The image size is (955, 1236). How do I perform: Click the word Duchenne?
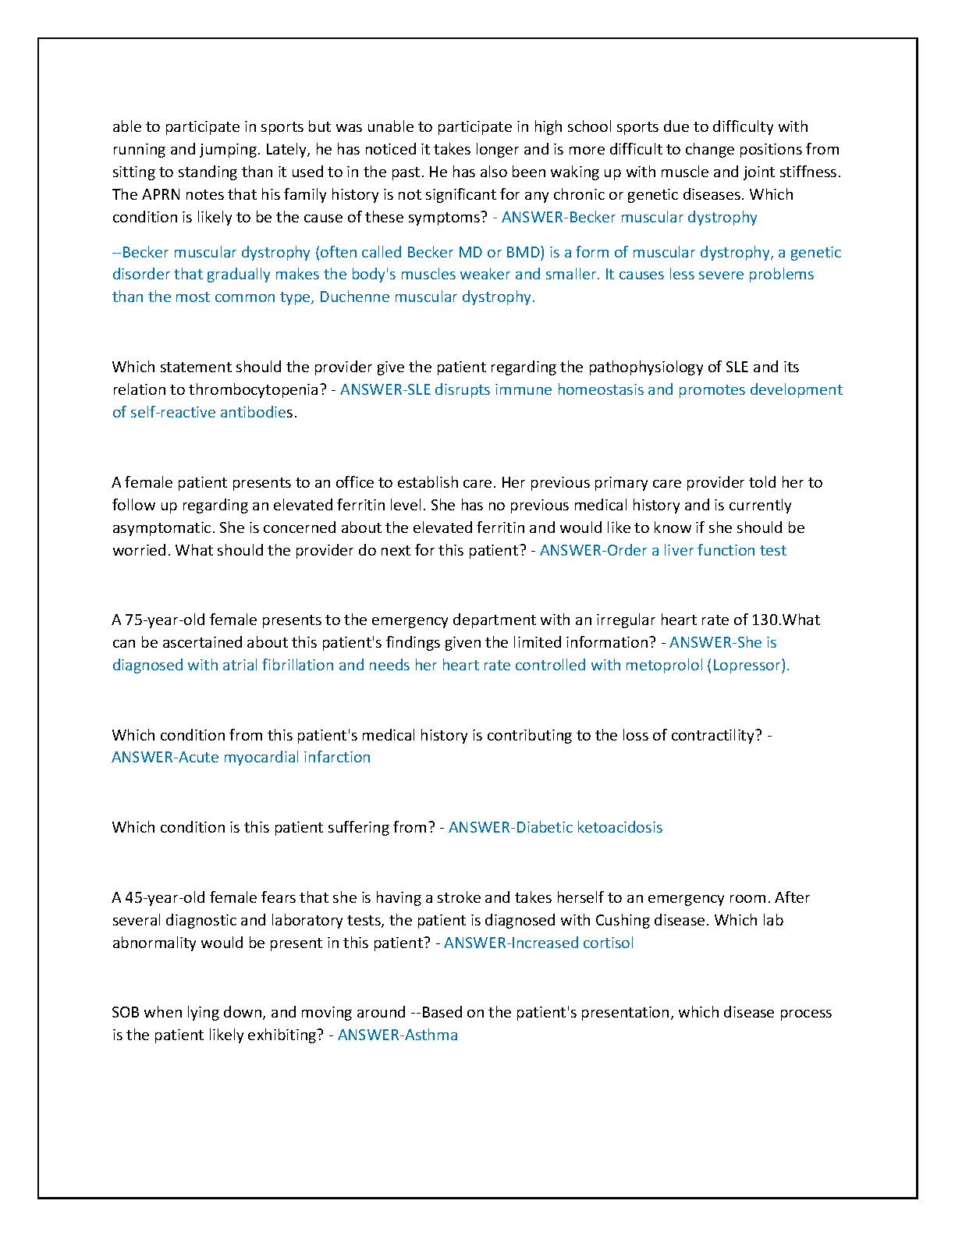354,297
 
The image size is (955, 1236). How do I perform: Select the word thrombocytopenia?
253,390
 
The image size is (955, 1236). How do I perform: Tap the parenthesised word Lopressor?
748,666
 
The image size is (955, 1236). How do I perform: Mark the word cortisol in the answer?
608,943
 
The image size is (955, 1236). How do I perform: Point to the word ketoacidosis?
620,828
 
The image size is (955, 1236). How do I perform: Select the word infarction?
337,758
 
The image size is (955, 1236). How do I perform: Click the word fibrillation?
296,666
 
